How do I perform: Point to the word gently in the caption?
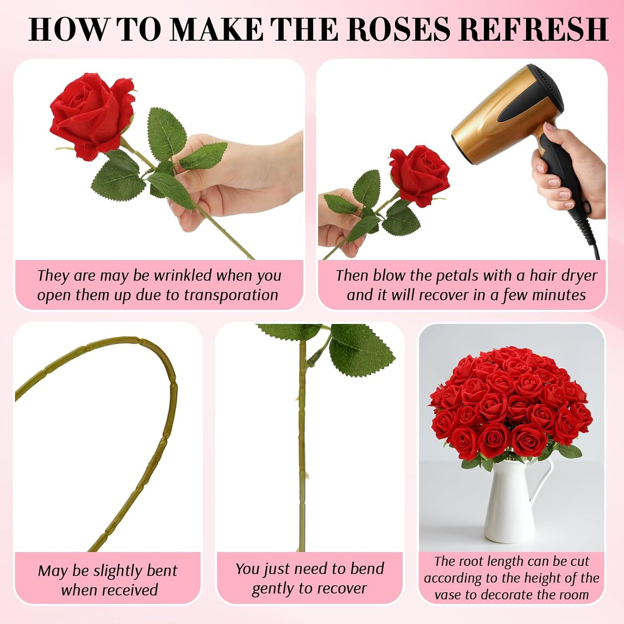pyautogui.click(x=272, y=589)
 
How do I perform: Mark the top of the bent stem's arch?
pyautogui.click(x=130, y=340)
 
